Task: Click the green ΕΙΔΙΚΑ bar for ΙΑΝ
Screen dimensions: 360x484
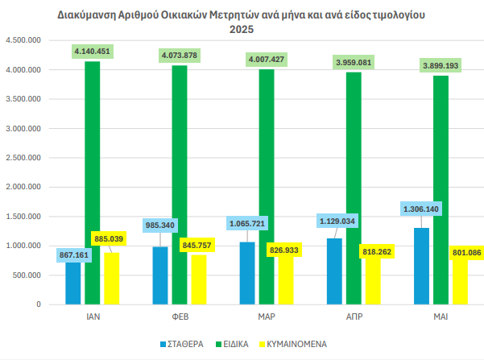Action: click(92, 185)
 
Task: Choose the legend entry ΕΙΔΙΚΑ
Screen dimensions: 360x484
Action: click(250, 344)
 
